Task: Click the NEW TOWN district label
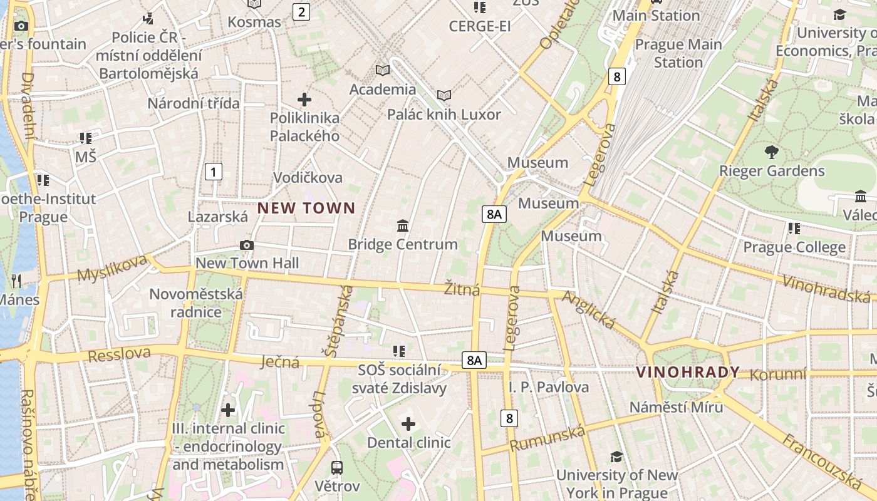pyautogui.click(x=306, y=208)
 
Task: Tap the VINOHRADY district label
pyautogui.click(x=688, y=372)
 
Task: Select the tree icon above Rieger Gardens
pyautogui.click(x=771, y=152)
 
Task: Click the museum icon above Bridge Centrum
pyautogui.click(x=403, y=225)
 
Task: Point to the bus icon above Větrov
pyautogui.click(x=337, y=467)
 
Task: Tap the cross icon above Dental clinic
pyautogui.click(x=408, y=424)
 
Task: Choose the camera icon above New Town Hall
pyautogui.click(x=247, y=245)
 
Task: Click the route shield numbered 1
pyautogui.click(x=214, y=171)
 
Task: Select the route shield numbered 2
pyautogui.click(x=302, y=11)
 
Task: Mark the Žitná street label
pyautogui.click(x=462, y=289)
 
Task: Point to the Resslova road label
pyautogui.click(x=119, y=354)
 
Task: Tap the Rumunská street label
pyautogui.click(x=548, y=437)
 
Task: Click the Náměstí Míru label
pyautogui.click(x=676, y=407)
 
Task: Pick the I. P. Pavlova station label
pyautogui.click(x=548, y=387)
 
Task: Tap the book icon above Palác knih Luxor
pyautogui.click(x=444, y=95)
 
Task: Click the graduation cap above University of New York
pyautogui.click(x=616, y=457)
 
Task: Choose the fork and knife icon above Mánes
pyautogui.click(x=16, y=281)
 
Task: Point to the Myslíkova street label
pyautogui.click(x=113, y=267)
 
